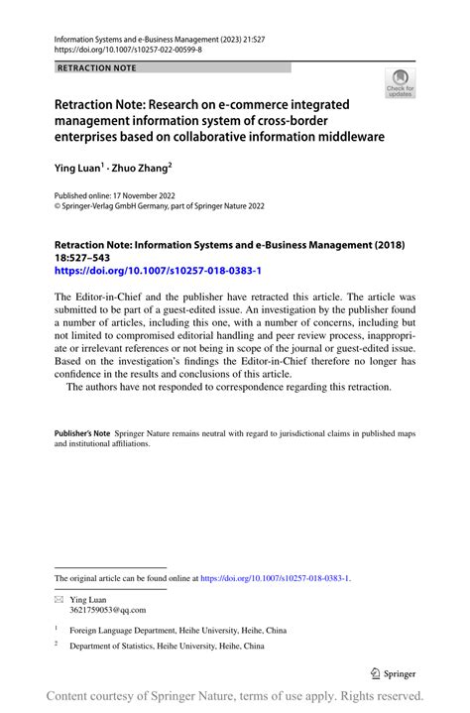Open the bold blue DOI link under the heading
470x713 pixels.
point(158,270)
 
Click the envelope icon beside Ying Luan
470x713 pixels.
point(59,599)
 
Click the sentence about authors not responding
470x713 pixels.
point(228,387)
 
